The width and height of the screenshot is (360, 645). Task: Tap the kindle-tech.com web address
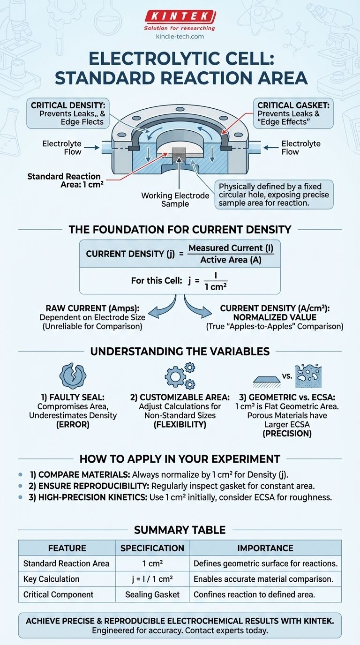coord(180,36)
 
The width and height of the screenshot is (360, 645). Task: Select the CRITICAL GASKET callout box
coord(293,114)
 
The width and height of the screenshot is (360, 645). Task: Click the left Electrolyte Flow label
coord(62,148)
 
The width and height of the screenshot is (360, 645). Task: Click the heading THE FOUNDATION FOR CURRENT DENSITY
coord(180,229)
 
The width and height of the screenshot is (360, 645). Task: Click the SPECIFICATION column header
coord(152,548)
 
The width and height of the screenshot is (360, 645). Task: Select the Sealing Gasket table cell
coord(152,594)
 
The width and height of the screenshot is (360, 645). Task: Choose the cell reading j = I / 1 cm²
coord(152,579)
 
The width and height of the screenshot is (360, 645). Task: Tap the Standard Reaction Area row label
coord(66,563)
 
